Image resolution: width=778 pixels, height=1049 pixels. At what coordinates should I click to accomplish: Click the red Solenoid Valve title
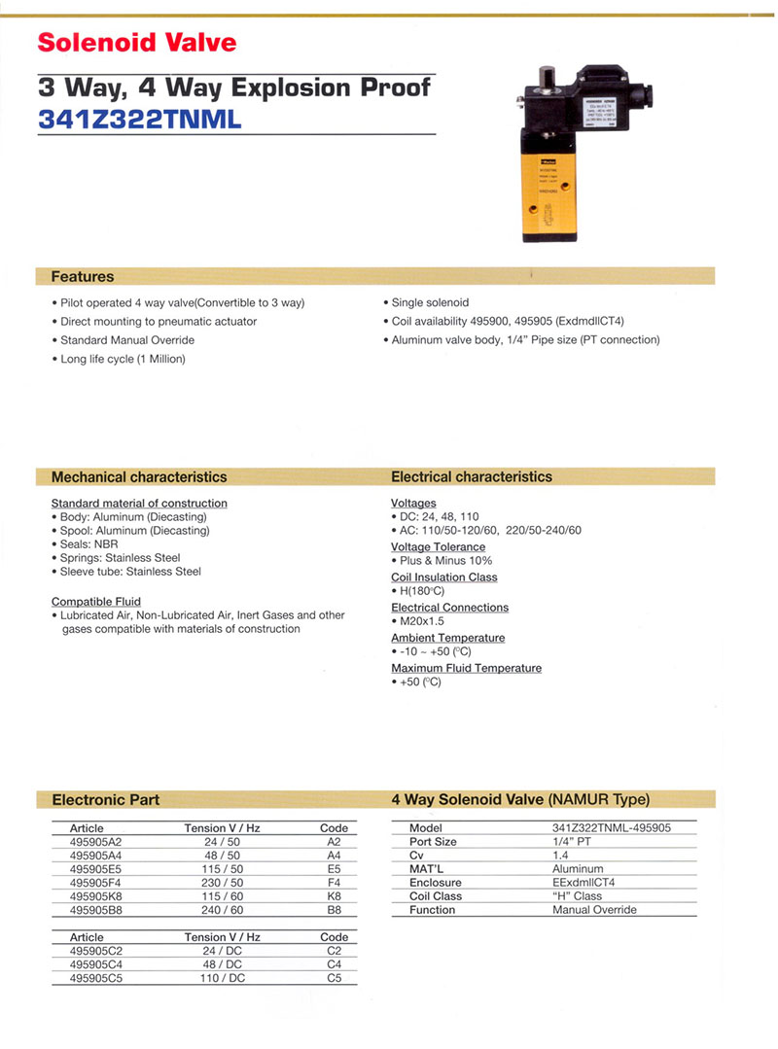coord(136,43)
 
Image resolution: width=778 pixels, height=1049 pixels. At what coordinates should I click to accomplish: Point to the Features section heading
coord(83,276)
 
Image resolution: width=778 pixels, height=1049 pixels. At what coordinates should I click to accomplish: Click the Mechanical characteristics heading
coord(139,477)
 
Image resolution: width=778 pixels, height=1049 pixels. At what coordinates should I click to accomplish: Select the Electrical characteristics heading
coord(472,477)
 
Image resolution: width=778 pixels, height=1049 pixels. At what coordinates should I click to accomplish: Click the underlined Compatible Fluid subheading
coord(96,602)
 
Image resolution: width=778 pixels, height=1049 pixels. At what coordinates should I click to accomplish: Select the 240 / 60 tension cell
coord(223,910)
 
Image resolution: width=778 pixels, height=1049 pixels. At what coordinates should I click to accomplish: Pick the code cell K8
coord(334,896)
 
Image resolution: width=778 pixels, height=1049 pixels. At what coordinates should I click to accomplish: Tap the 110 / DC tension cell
coord(223,978)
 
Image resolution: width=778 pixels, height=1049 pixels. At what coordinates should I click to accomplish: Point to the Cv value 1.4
coord(560,856)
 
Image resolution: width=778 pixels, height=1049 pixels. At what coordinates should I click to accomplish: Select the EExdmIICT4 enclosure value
coord(583,883)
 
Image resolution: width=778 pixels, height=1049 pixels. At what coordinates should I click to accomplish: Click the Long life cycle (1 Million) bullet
coord(123,359)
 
